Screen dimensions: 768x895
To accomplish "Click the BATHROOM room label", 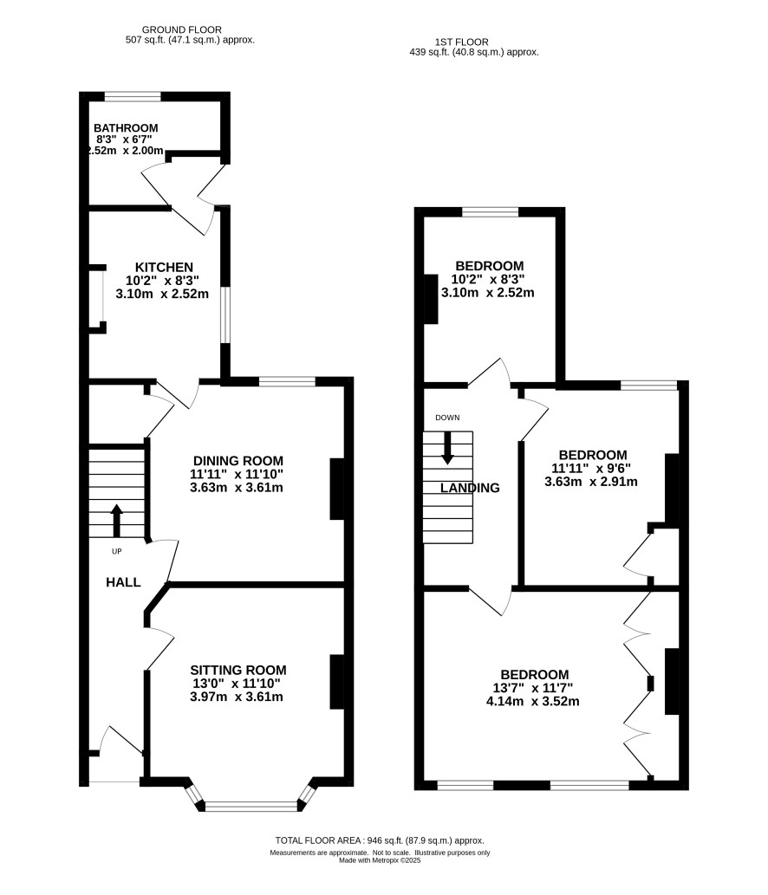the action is tap(126, 128).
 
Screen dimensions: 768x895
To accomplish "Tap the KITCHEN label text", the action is tap(164, 267).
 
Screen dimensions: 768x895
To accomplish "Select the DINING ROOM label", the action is tap(238, 461).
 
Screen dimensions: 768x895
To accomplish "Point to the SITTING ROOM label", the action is tap(238, 670).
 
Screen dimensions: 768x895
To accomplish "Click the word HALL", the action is tap(123, 582).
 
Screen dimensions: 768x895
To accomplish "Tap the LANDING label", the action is tap(470, 488).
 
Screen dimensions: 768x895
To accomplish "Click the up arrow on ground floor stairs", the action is tap(116, 521).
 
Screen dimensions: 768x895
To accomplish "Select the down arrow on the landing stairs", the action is tap(447, 447).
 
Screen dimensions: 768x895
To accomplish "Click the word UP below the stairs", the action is tap(116, 551).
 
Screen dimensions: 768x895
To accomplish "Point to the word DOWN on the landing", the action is tap(447, 418).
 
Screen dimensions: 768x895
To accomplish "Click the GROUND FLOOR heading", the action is tap(181, 29).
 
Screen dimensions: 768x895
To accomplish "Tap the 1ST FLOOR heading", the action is tap(461, 42).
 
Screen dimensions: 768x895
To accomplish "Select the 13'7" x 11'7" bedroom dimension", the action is tap(533, 688).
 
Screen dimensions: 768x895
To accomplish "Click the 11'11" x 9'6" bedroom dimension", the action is tap(591, 468).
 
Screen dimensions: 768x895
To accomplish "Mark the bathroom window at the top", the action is tap(133, 96).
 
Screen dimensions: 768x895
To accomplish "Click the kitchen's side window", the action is tap(225, 315).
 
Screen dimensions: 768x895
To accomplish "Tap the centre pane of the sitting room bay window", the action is tap(251, 806).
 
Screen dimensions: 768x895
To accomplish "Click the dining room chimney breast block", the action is tap(337, 490).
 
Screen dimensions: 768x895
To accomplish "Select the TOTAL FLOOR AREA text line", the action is tap(380, 840).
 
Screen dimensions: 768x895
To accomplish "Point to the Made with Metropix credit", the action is tap(380, 860).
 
